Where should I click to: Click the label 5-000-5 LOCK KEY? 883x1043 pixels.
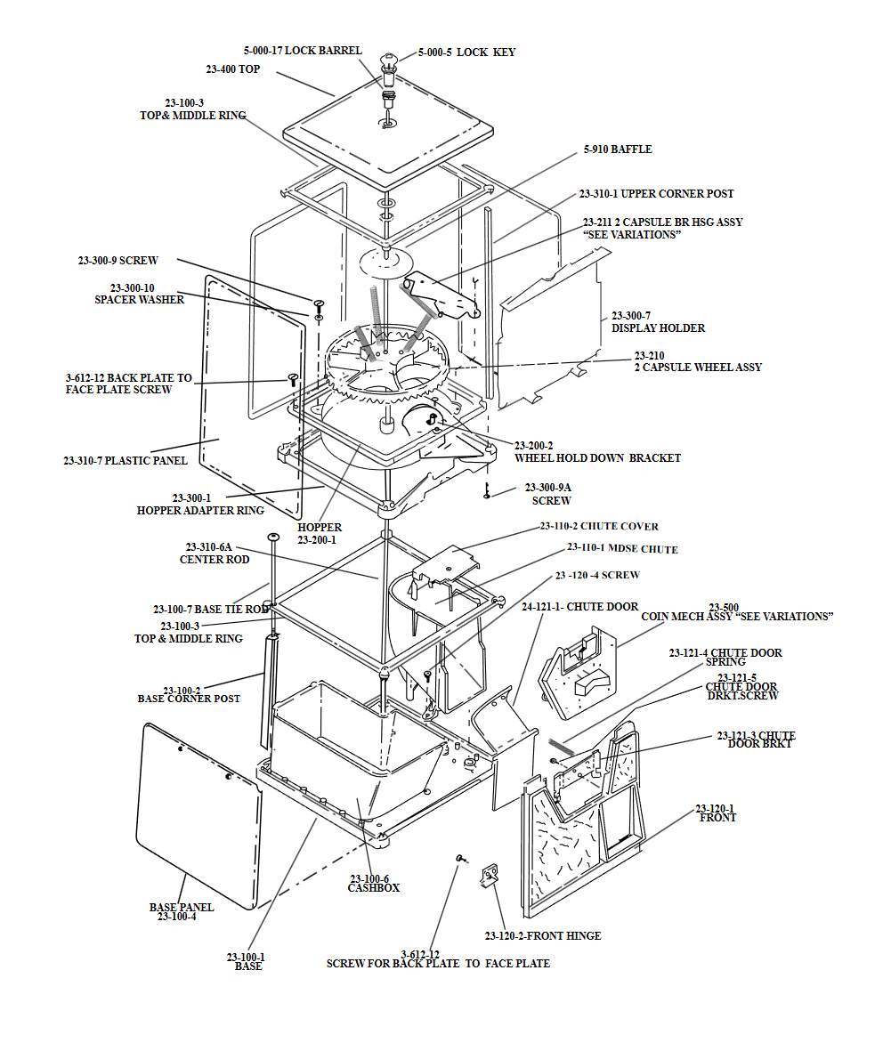[466, 53]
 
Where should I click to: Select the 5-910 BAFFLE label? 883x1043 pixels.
[618, 150]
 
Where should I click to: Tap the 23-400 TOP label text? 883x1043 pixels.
[232, 69]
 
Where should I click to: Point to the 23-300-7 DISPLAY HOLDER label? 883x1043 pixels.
[658, 322]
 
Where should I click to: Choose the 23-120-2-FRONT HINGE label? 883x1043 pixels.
[542, 935]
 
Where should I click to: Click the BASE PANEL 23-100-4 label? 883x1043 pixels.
[181, 911]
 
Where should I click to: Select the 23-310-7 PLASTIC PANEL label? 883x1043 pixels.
[126, 460]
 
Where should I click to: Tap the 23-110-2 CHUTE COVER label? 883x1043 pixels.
[599, 526]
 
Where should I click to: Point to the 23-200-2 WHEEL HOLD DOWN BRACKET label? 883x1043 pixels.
[596, 451]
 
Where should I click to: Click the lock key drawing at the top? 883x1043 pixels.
[388, 63]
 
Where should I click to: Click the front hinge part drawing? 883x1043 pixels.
[490, 876]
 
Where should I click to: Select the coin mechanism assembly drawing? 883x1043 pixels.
[579, 672]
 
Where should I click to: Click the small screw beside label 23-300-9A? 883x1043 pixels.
[488, 490]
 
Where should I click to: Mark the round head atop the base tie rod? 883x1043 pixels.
[274, 538]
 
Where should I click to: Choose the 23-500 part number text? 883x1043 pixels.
[724, 607]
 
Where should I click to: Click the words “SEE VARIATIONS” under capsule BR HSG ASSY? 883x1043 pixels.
[631, 235]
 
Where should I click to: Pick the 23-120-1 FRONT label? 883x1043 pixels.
[717, 813]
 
